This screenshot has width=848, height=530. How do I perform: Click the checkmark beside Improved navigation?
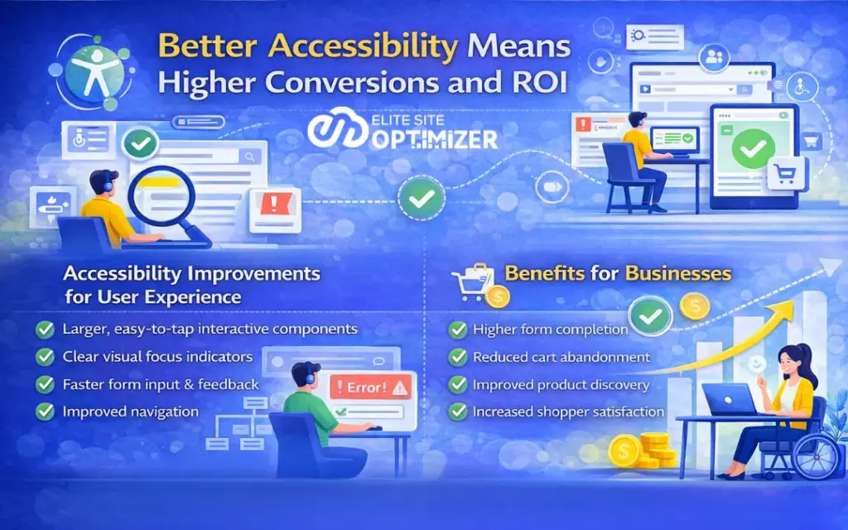[x=45, y=411]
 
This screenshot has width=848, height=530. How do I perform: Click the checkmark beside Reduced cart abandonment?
[x=457, y=358]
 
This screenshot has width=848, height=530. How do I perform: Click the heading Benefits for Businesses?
[x=618, y=272]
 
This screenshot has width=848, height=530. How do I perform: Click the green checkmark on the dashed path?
[x=417, y=198]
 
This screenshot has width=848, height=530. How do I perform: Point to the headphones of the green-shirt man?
[x=309, y=376]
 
